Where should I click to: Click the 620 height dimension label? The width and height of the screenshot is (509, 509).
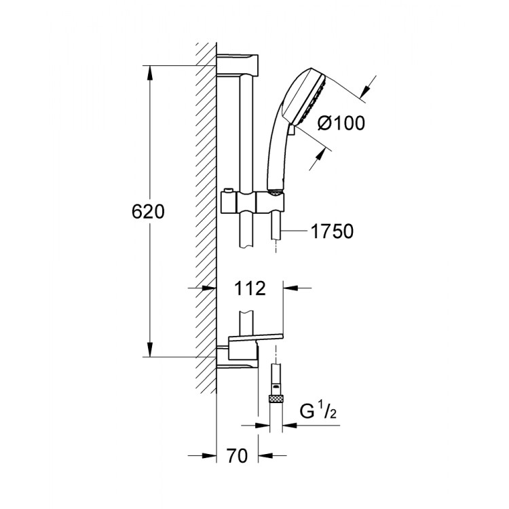point(147,212)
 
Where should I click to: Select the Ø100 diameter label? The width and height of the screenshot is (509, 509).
point(341,123)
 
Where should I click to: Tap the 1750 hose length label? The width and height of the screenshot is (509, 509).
point(332,231)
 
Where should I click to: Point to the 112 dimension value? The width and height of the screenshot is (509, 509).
point(250,289)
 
